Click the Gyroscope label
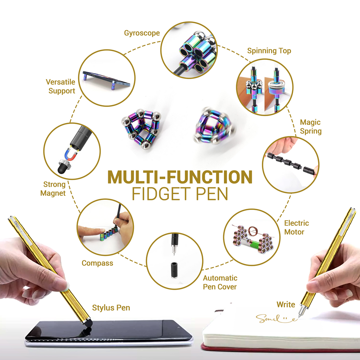[142, 33]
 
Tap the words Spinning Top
[269, 51]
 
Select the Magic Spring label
[310, 127]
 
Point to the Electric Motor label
[296, 227]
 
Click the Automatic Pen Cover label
[220, 282]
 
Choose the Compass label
[97, 263]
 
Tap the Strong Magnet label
[53, 189]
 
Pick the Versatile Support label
[61, 86]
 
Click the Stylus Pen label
[111, 308]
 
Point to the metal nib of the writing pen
[301, 312]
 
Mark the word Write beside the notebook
[285, 304]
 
